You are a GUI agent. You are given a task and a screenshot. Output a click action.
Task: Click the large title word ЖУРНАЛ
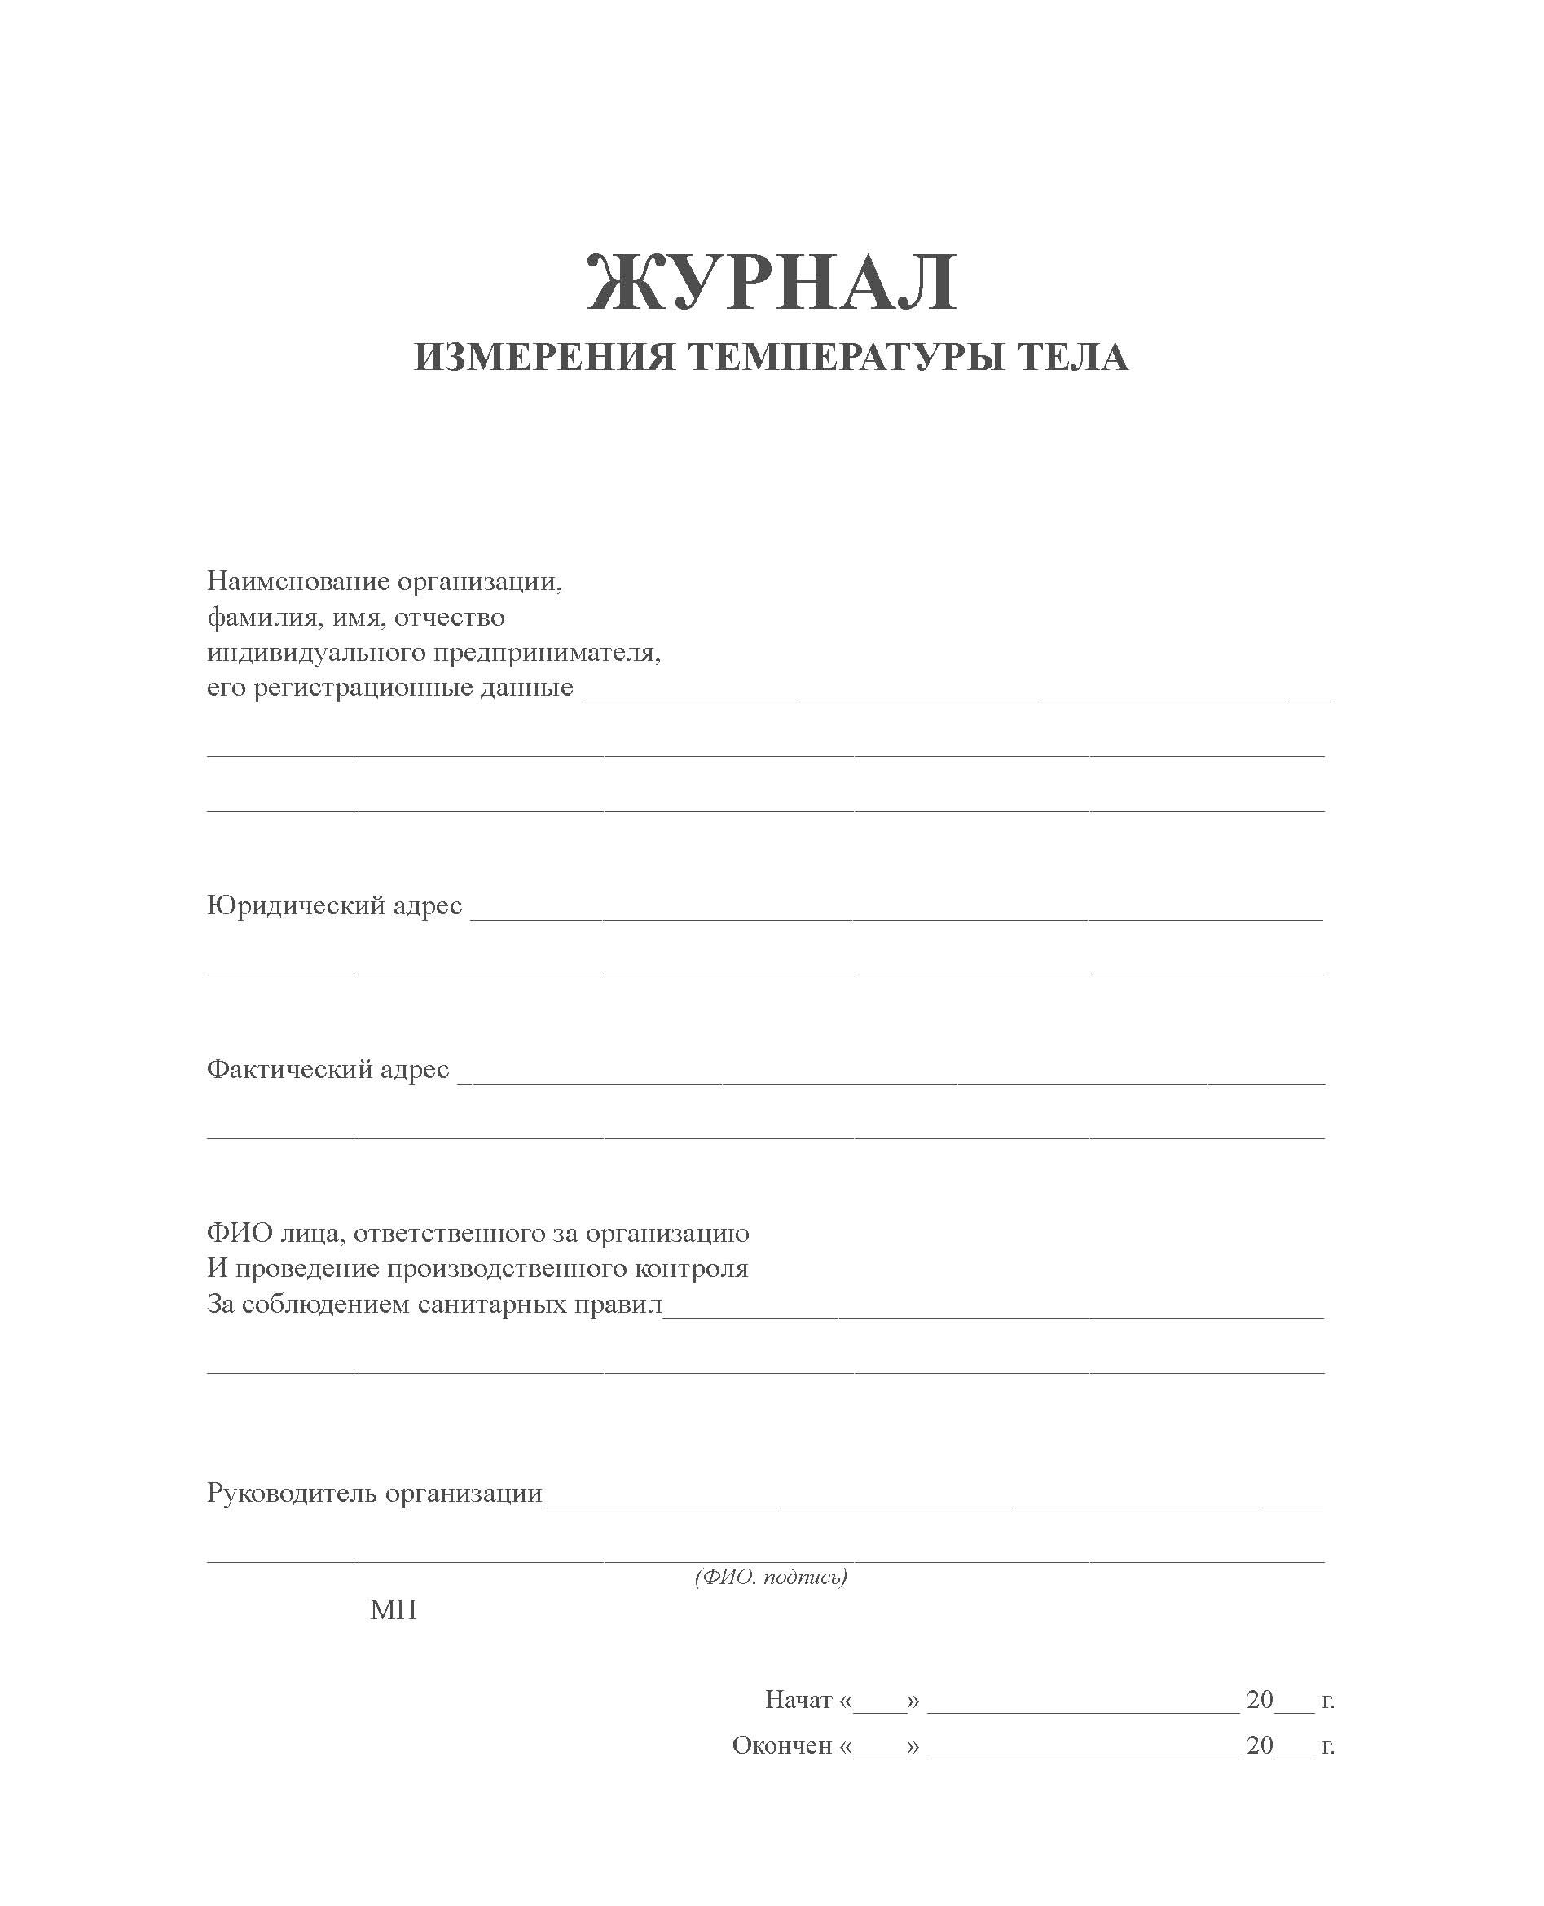tap(772, 283)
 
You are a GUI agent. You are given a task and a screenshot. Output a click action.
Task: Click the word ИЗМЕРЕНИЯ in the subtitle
tap(544, 358)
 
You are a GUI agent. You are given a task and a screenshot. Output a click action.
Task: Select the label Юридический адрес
tap(334, 905)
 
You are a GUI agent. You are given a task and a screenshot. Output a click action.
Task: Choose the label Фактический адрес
tap(328, 1069)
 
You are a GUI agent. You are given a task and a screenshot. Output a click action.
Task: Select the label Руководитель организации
tap(375, 1494)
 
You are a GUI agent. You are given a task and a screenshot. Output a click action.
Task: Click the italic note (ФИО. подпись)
tap(770, 1577)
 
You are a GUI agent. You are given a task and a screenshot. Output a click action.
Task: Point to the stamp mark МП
tap(393, 1611)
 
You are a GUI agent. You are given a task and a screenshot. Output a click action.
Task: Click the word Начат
tap(798, 1700)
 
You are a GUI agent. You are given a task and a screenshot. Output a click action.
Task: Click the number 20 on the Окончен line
tap(1260, 1745)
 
